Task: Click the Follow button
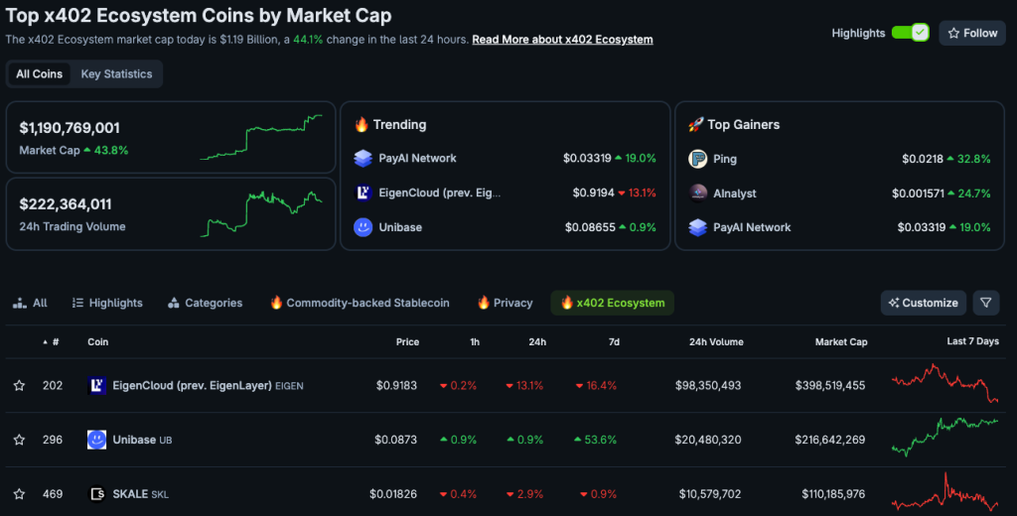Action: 972,33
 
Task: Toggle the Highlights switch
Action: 909,33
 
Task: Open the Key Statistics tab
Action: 116,74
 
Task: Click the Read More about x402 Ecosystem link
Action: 562,40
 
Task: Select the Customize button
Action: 923,303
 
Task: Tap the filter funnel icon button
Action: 985,303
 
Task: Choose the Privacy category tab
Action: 506,303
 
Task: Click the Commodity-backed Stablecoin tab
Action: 360,303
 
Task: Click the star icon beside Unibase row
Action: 19,440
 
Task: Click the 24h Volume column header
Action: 715,342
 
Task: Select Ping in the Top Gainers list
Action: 724,159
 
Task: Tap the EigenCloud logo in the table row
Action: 97,385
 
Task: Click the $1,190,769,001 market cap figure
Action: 70,128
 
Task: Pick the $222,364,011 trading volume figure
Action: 66,204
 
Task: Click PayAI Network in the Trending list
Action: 417,159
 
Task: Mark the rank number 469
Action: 53,494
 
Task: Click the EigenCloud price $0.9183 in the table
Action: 397,385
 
